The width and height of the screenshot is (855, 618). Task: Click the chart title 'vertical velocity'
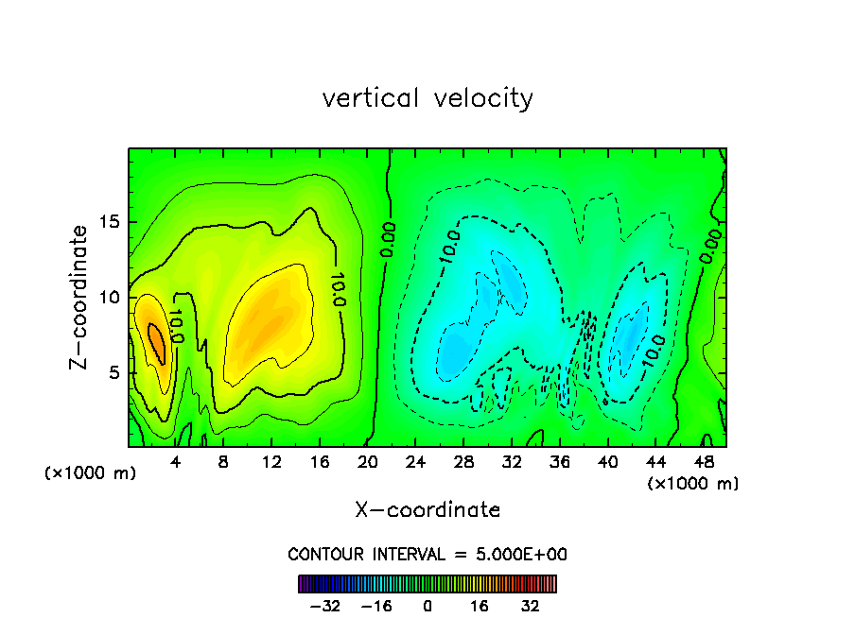coord(427,98)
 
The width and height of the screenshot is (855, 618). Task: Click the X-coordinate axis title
coord(427,510)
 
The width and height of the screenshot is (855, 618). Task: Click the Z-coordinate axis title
coord(80,297)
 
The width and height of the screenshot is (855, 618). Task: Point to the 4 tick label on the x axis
coord(176,463)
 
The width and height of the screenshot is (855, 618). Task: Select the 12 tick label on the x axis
coord(271,463)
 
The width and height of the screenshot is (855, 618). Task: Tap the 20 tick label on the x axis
coord(368,463)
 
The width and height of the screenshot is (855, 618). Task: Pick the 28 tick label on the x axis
coord(463,463)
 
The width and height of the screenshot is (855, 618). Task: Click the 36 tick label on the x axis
coord(559,463)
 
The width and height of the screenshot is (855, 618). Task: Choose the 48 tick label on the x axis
coord(703,463)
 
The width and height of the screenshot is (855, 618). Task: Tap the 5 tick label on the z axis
coord(114,372)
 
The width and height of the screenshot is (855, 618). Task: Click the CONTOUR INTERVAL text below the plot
coord(427,554)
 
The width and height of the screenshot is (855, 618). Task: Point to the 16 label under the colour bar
coord(480,606)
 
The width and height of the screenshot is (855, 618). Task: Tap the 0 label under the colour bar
coord(427,606)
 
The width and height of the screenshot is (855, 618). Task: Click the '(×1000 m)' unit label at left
coord(91,473)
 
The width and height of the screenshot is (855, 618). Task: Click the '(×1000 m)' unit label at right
coord(693,484)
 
